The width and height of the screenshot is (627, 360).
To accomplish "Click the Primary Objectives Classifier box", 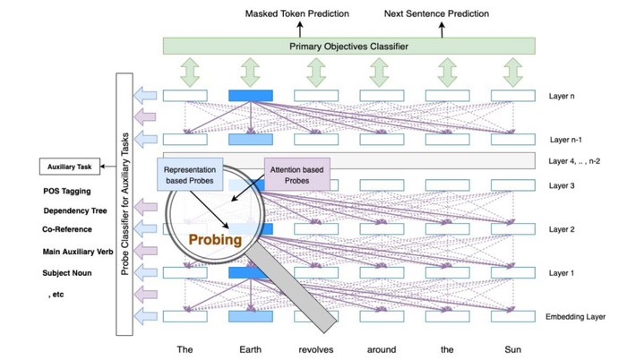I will point(348,46).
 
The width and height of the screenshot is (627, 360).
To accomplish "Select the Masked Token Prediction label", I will point(296,14).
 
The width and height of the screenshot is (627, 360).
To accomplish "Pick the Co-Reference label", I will point(68,230).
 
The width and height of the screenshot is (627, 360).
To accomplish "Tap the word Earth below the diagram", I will point(251,349).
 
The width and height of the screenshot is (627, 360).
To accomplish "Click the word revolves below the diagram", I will point(316,349).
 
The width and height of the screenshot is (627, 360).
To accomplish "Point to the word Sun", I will point(512,349).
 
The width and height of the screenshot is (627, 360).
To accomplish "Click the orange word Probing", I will point(216,241).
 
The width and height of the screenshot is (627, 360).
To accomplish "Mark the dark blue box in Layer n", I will point(251,96).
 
